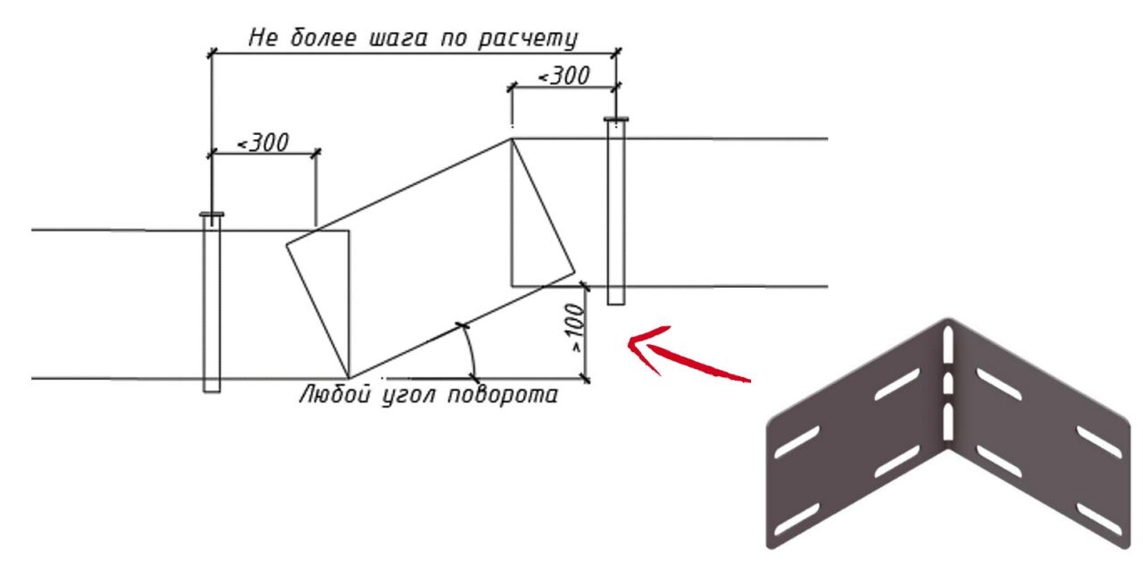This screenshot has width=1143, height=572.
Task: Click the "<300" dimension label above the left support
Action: click(x=262, y=142)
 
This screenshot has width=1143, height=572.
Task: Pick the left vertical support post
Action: click(x=212, y=304)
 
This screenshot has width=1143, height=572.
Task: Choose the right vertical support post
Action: click(x=615, y=213)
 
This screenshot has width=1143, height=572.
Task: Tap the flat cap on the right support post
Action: click(x=615, y=120)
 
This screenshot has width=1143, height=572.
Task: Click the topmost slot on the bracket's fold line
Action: click(x=948, y=345)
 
